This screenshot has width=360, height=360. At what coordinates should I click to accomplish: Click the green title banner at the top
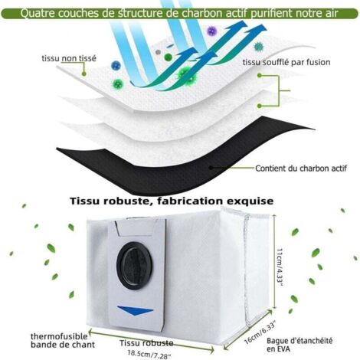[x=180, y=13]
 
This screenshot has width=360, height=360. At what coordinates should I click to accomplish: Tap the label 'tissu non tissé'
[x=69, y=58]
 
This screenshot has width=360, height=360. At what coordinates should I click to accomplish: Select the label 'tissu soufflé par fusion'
[x=286, y=62]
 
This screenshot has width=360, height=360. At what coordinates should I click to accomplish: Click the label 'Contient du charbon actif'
[x=301, y=169]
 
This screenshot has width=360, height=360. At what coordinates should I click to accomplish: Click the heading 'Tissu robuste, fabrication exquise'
[x=172, y=201]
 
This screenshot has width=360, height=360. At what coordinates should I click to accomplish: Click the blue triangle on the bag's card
[x=135, y=310]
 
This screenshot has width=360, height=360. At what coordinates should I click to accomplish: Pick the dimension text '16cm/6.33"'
[x=260, y=333]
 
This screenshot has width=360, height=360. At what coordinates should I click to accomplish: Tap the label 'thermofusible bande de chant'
[x=63, y=340]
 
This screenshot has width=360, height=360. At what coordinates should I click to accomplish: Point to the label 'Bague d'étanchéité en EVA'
[x=299, y=345]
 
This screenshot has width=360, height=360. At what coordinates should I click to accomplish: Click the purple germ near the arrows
[x=212, y=31]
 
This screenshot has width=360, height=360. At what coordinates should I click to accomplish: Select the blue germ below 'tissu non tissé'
[x=116, y=65]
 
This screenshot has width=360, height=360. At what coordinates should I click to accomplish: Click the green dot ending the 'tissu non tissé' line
[x=83, y=74]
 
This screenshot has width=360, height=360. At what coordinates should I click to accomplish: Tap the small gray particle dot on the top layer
[x=158, y=52]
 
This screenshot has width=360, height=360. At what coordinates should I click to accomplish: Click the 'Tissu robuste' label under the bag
[x=146, y=343]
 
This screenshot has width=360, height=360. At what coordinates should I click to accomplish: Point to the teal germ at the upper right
[x=258, y=47]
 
